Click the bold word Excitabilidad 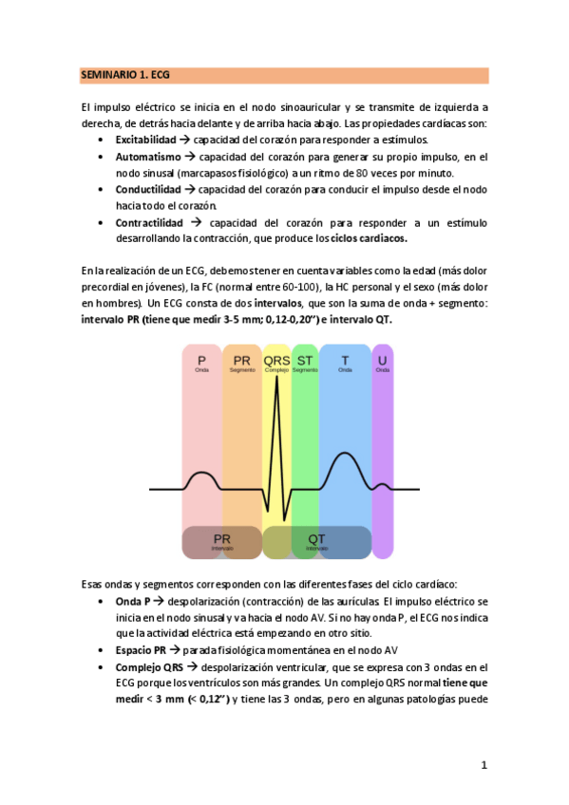pos(145,139)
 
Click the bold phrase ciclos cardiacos pos(369,238)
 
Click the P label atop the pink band pos(201,362)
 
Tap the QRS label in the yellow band pos(276,363)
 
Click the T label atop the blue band pos(345,362)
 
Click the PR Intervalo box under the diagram pos(222,541)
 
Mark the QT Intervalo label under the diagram pos(316,541)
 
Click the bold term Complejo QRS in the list pos(150,667)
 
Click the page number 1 pos(484,765)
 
